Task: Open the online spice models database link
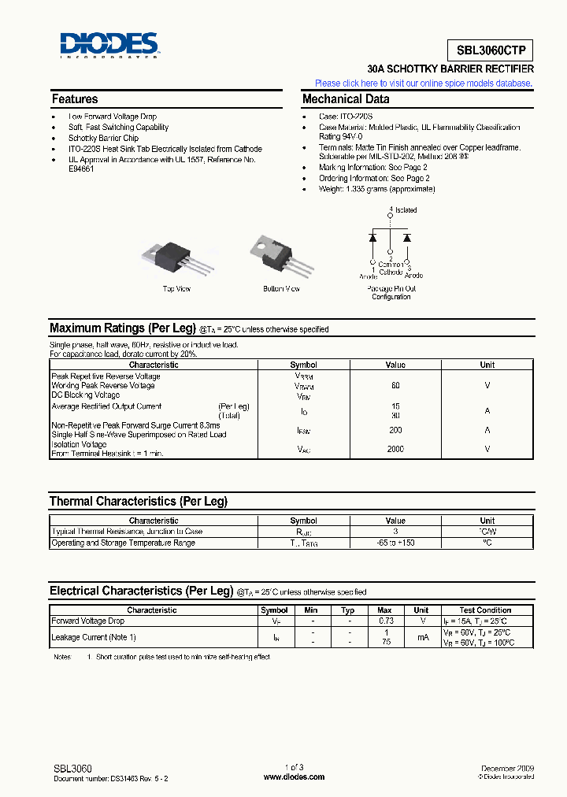[x=423, y=83]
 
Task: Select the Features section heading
[x=75, y=99]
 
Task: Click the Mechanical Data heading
[x=346, y=99]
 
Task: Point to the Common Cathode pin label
[x=391, y=268]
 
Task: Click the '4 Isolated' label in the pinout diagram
[x=403, y=210]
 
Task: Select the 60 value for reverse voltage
[x=395, y=386]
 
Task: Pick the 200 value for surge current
[x=395, y=430]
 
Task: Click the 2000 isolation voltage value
[x=395, y=449]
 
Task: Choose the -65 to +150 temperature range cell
[x=395, y=543]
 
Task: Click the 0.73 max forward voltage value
[x=384, y=621]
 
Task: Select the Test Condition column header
[x=485, y=610]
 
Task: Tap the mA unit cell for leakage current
[x=421, y=637]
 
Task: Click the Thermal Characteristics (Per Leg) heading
[x=139, y=502]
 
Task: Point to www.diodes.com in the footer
[x=294, y=777]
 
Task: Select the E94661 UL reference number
[x=81, y=169]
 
